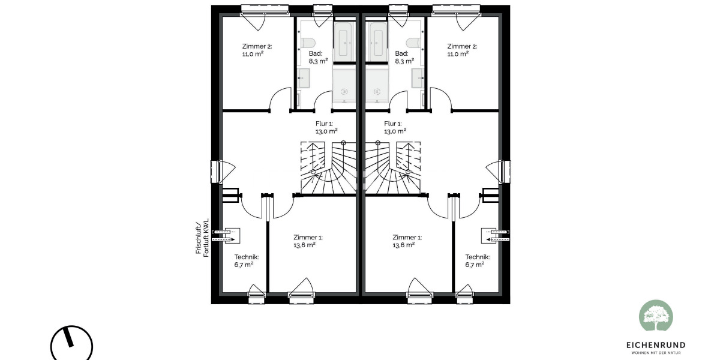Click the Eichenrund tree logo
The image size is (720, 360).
point(656,316)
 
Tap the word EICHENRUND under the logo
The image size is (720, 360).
point(656,345)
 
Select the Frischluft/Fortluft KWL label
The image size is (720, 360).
point(203,237)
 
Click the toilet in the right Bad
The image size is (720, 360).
point(412,43)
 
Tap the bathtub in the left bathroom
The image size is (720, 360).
point(345,41)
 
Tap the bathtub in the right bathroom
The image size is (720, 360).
point(377,41)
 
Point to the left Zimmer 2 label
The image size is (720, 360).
point(256,46)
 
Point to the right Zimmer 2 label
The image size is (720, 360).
point(462,46)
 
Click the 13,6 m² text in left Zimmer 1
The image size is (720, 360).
point(304,245)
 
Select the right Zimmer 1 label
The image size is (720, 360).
point(407,237)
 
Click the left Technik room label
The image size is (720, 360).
point(246,256)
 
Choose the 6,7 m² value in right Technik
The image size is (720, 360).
point(475,265)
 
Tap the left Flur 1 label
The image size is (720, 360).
point(326,124)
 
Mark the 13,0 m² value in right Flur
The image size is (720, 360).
point(395,131)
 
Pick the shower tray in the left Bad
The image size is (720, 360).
point(344,88)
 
